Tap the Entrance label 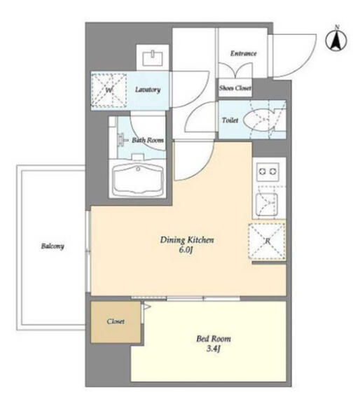pyautogui.click(x=244, y=54)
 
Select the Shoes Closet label pyautogui.click(x=235, y=88)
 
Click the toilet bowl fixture pyautogui.click(x=259, y=120)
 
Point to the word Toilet pyautogui.click(x=230, y=120)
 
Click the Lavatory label pyautogui.click(x=148, y=90)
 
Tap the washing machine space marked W pyautogui.click(x=109, y=91)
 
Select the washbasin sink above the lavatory pyautogui.click(x=152, y=57)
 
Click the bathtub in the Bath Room pyautogui.click(x=138, y=180)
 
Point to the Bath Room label pyautogui.click(x=147, y=140)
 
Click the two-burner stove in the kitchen pyautogui.click(x=268, y=171)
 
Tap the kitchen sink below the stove pyautogui.click(x=266, y=204)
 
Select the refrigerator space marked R pyautogui.click(x=267, y=241)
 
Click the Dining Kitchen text pyautogui.click(x=187, y=239)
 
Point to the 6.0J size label pyautogui.click(x=186, y=250)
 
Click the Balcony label pyautogui.click(x=53, y=246)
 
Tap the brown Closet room pyautogui.click(x=116, y=322)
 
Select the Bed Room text pyautogui.click(x=214, y=339)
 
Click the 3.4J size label pyautogui.click(x=214, y=349)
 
